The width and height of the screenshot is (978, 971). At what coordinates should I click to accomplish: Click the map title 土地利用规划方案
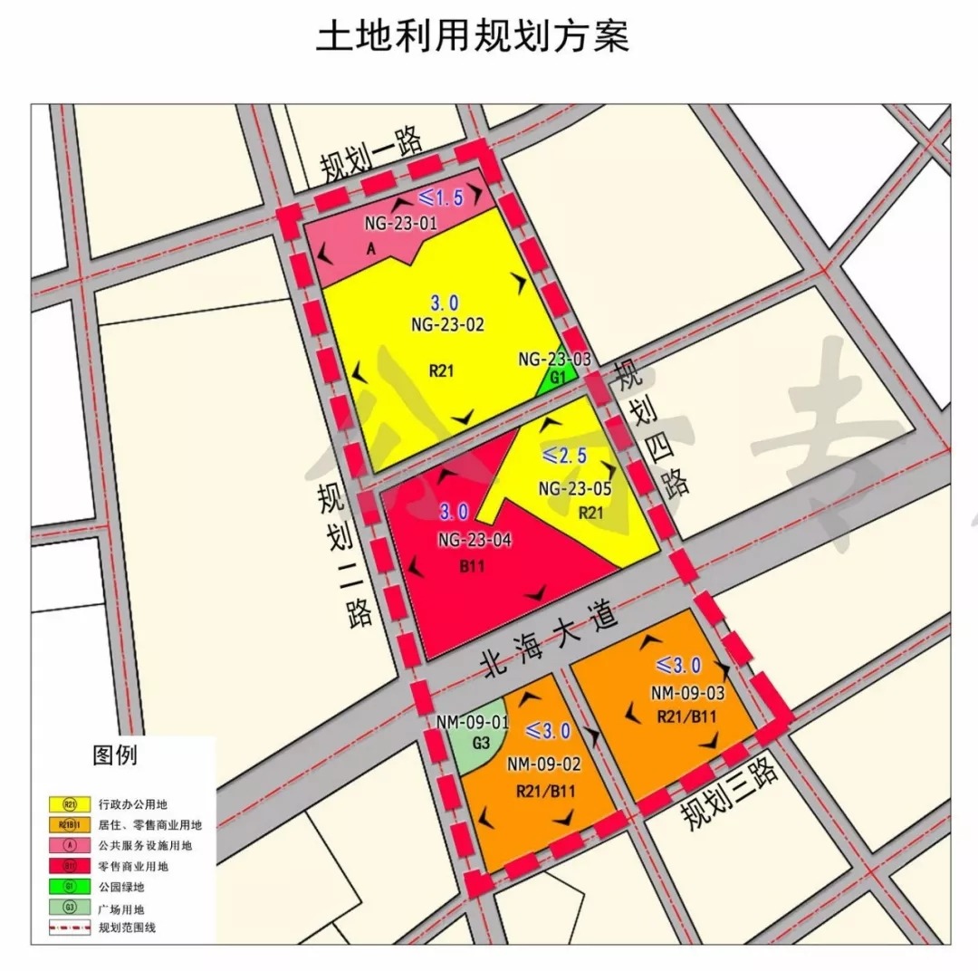[472, 37]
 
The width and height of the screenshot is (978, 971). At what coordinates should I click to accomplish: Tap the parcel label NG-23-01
[400, 220]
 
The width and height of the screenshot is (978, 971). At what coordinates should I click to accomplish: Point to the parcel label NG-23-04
[475, 541]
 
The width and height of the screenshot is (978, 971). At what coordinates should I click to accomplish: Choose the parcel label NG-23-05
[575, 489]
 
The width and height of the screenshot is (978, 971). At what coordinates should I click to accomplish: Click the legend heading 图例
[114, 755]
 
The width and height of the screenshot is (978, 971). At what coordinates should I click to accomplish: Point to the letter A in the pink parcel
[369, 255]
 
